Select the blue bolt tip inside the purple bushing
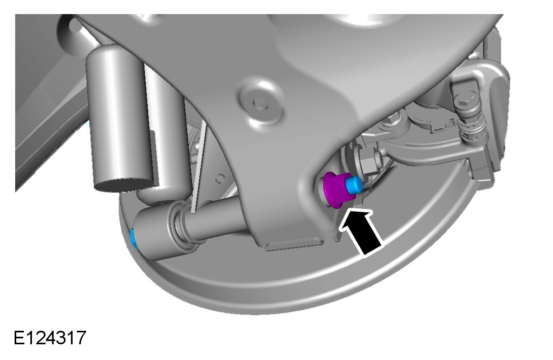(354, 185)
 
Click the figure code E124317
(50, 338)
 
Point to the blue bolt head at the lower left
(133, 238)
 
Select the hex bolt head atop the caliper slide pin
(463, 101)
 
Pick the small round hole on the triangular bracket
(220, 178)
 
